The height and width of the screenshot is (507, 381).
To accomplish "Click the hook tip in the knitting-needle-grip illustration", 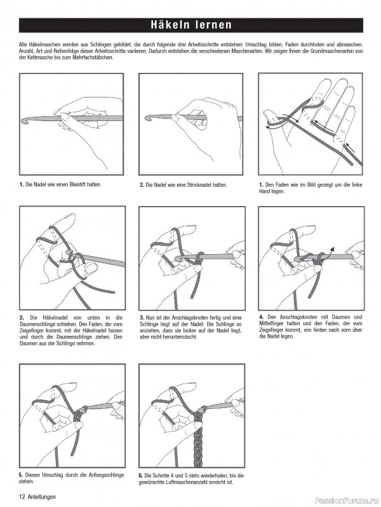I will coord(147,118).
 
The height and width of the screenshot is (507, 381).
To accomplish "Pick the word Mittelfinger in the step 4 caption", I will coord(274,323).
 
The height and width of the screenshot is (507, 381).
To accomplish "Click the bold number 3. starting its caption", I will coord(142,317).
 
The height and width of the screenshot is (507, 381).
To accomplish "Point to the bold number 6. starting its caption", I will coord(141,475).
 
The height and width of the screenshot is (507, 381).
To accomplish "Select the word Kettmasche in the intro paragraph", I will coord(32,58).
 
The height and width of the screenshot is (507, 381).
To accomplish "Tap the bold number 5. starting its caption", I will coord(21,475).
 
